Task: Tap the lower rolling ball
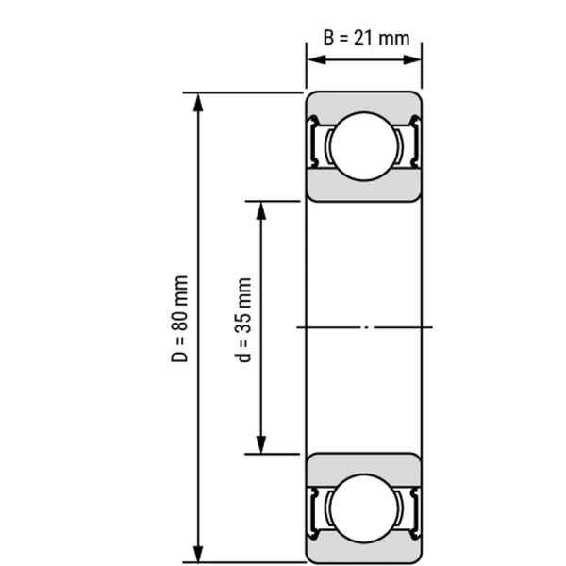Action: [x=363, y=508]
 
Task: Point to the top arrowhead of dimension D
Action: [x=198, y=102]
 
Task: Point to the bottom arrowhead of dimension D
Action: [x=198, y=553]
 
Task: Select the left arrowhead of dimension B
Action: [x=314, y=59]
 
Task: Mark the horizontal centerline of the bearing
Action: [x=364, y=327]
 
